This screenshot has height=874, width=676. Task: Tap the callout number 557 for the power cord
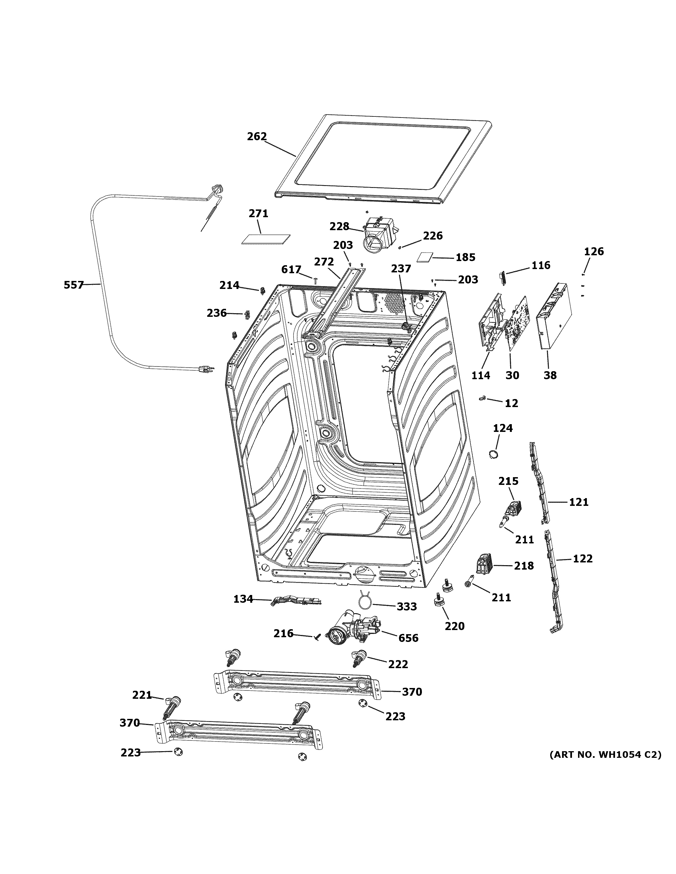coord(74,285)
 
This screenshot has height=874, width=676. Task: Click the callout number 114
coord(480,375)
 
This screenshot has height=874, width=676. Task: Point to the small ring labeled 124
coord(494,454)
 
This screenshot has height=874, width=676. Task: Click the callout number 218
coord(524,566)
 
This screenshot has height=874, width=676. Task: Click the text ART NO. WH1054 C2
coord(605,755)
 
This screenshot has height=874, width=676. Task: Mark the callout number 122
coord(582,559)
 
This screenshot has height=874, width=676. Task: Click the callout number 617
coord(291,270)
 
